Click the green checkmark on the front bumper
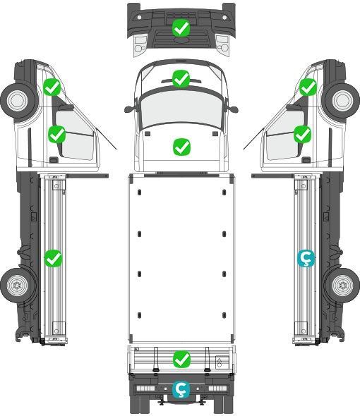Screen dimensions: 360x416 (181, 28)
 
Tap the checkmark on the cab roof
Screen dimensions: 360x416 (181, 78)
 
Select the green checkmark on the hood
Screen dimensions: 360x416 (181, 147)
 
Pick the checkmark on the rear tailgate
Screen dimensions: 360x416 (181, 360)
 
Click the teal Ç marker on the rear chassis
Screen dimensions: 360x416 (181, 389)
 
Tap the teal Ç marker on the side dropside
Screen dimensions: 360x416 (306, 258)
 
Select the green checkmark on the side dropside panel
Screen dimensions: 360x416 (53, 258)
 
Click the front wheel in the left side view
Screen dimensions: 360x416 (18, 100)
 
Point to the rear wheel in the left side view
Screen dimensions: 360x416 (17, 285)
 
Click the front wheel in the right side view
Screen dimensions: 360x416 (342, 100)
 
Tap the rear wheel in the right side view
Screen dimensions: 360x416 (342, 285)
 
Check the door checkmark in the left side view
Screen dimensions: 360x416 (56, 134)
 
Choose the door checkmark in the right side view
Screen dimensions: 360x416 (302, 134)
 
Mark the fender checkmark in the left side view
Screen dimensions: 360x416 (52, 87)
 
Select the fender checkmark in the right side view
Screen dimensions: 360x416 (308, 87)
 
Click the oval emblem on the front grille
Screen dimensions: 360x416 (181, 39)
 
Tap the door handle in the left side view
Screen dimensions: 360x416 (54, 160)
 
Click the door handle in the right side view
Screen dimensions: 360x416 (306, 160)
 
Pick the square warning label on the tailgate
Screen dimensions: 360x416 (222, 362)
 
